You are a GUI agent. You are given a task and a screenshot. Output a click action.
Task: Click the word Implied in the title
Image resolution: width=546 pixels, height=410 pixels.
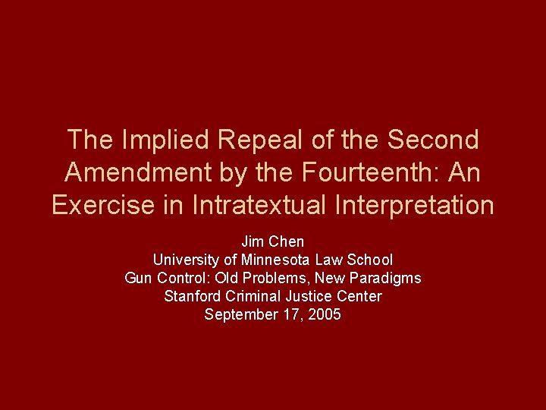click(x=158, y=140)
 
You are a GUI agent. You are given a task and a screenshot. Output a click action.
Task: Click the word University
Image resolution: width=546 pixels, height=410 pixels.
click(x=185, y=260)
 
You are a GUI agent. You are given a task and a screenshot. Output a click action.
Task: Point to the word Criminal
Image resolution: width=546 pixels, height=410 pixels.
click(x=255, y=296)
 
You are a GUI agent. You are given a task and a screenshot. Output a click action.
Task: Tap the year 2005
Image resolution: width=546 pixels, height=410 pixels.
click(x=325, y=314)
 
